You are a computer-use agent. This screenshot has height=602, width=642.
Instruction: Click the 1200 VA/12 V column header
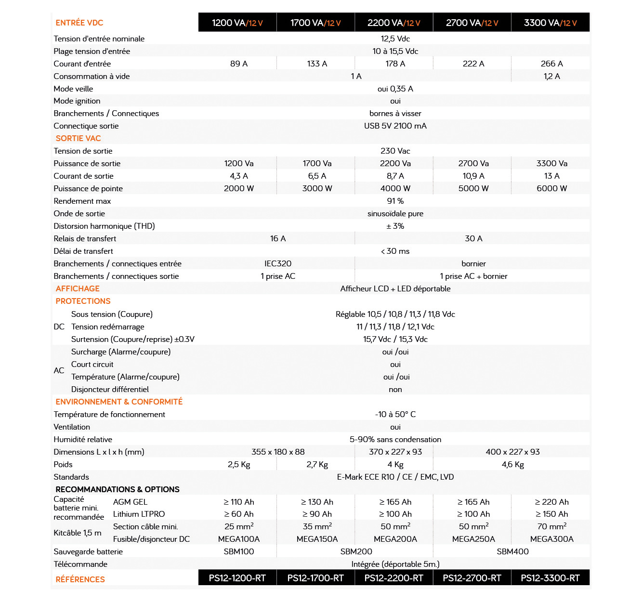(237, 23)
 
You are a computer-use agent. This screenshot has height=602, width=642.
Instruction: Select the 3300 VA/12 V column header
(550, 23)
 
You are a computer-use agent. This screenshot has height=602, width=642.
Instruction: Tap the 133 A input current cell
(317, 64)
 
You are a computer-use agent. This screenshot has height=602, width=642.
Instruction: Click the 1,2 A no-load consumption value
(551, 76)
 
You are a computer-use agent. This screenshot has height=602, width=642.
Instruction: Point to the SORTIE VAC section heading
(78, 138)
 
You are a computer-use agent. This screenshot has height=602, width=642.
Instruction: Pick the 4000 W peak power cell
(395, 188)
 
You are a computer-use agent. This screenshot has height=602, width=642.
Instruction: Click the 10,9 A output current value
(473, 176)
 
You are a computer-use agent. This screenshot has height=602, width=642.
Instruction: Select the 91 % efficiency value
(395, 201)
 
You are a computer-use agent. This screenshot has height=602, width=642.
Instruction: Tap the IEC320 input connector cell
(278, 263)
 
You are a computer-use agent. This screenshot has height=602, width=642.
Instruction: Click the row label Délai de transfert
(83, 251)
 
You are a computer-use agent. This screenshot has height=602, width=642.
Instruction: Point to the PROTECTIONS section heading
(83, 301)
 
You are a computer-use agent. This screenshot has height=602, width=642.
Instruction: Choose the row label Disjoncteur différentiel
(110, 389)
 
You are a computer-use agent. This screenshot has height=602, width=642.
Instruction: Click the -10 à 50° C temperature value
(395, 414)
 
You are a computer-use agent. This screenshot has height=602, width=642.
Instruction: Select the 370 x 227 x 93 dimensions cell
(395, 452)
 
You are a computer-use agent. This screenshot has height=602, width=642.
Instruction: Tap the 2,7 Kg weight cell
(317, 464)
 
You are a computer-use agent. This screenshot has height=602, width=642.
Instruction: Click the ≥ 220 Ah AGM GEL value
(551, 502)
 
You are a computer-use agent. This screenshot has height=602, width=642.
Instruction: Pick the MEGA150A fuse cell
(317, 539)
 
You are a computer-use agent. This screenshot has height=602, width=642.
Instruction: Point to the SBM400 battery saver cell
(512, 551)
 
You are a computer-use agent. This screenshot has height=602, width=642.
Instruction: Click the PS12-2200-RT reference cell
(393, 578)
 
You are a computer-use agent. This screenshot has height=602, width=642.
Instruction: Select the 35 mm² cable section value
(317, 526)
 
